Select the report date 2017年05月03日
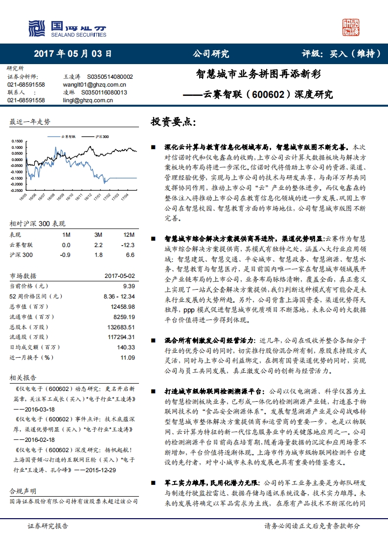(x=73, y=54)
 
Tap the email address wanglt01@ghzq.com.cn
(x=89, y=85)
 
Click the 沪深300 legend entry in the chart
(x=100, y=137)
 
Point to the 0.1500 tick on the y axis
(x=16, y=141)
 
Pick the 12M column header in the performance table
(x=129, y=234)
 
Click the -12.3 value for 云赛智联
(x=129, y=245)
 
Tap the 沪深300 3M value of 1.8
(x=98, y=255)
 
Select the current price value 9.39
(x=129, y=286)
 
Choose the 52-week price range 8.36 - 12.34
(x=119, y=296)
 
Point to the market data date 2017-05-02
(x=119, y=275)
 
